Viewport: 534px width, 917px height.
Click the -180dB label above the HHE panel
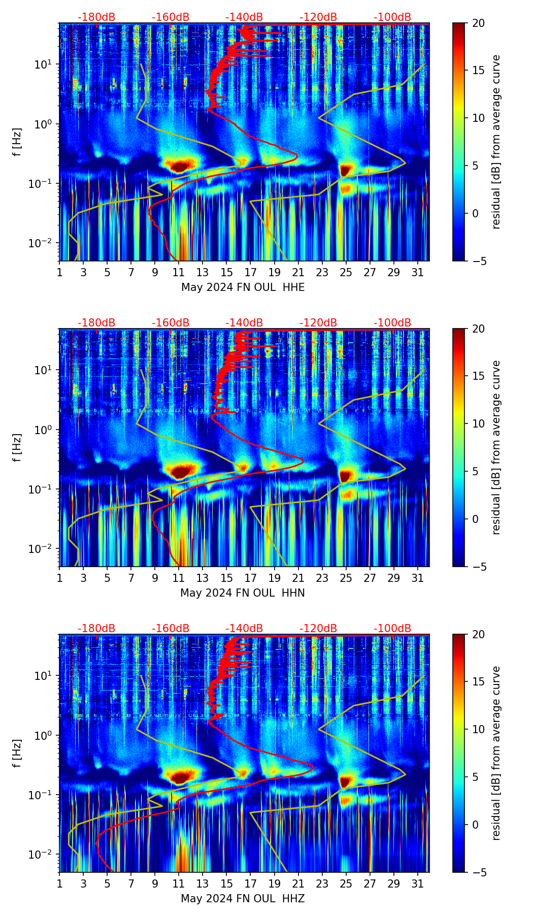tap(96, 17)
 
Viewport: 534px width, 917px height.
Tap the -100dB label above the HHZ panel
tap(392, 629)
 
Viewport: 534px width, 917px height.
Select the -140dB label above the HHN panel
tap(244, 323)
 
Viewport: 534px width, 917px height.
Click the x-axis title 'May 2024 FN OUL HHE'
tap(243, 287)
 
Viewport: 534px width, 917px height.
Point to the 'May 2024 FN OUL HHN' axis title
tap(243, 593)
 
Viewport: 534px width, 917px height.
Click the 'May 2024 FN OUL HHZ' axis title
tap(243, 899)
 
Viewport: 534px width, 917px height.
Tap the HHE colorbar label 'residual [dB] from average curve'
tap(496, 142)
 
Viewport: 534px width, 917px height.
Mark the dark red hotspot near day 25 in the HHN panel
tap(345, 476)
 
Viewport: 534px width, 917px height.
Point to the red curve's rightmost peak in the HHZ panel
tap(313, 767)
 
